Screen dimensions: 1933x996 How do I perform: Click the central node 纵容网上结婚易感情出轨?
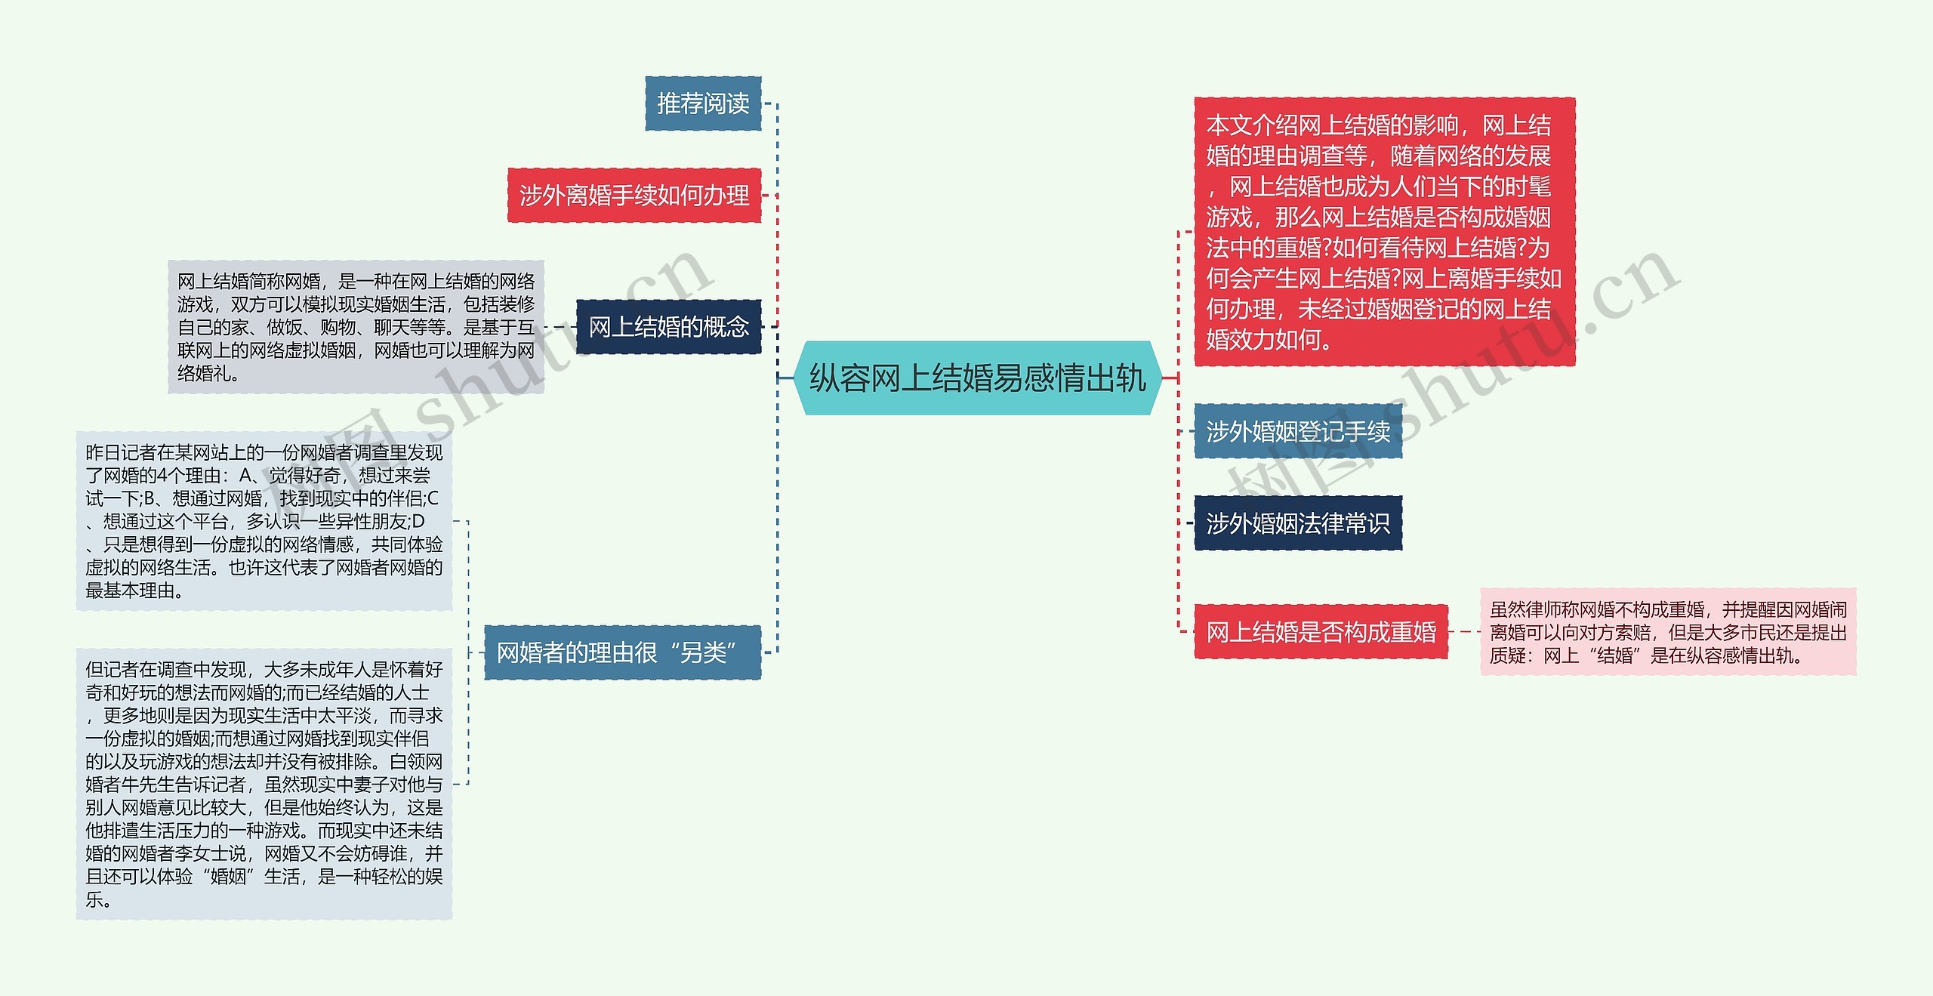coord(977,378)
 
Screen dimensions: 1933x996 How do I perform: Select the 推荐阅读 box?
coord(703,103)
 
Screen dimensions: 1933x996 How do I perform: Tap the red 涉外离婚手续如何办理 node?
coord(634,196)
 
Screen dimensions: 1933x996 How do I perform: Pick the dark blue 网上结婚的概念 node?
coord(668,327)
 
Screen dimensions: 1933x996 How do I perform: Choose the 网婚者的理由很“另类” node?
coord(622,652)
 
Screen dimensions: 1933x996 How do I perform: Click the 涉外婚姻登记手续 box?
coord(1297,431)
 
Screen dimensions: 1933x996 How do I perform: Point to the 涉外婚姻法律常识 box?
coord(1297,523)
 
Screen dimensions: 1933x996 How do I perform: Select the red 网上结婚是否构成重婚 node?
coord(1321,632)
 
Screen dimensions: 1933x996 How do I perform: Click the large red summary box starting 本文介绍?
coord(1384,232)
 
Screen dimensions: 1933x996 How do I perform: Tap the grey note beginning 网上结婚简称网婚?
coord(356,327)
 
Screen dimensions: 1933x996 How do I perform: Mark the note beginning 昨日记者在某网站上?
coord(264,521)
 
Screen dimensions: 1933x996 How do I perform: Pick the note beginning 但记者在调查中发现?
coord(264,784)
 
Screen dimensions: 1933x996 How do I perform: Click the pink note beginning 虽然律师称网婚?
coord(1667,632)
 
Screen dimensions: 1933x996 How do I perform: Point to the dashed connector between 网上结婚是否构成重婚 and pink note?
coord(1464,632)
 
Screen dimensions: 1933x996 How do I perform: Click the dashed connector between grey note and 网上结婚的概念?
coord(560,327)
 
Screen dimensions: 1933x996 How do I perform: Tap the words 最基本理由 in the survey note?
coord(130,591)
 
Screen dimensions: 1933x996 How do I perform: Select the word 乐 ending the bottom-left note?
coord(94,899)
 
